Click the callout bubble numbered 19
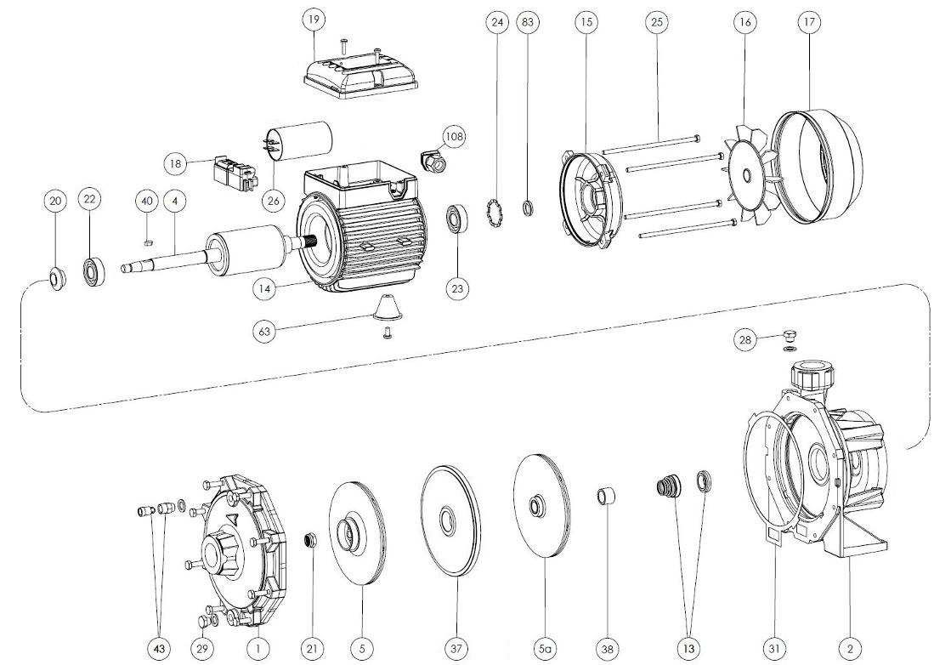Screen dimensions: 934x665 [x=314, y=20]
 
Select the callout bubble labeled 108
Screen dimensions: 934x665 [x=454, y=136]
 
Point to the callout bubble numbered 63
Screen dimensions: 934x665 [x=264, y=330]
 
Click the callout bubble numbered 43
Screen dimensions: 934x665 [x=160, y=648]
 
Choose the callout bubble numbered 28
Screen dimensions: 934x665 [x=745, y=339]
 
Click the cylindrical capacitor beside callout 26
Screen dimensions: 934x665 [x=297, y=142]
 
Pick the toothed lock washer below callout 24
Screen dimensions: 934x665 [x=495, y=214]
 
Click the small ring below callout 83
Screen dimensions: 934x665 [x=527, y=208]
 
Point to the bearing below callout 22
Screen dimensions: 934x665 [x=93, y=272]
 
